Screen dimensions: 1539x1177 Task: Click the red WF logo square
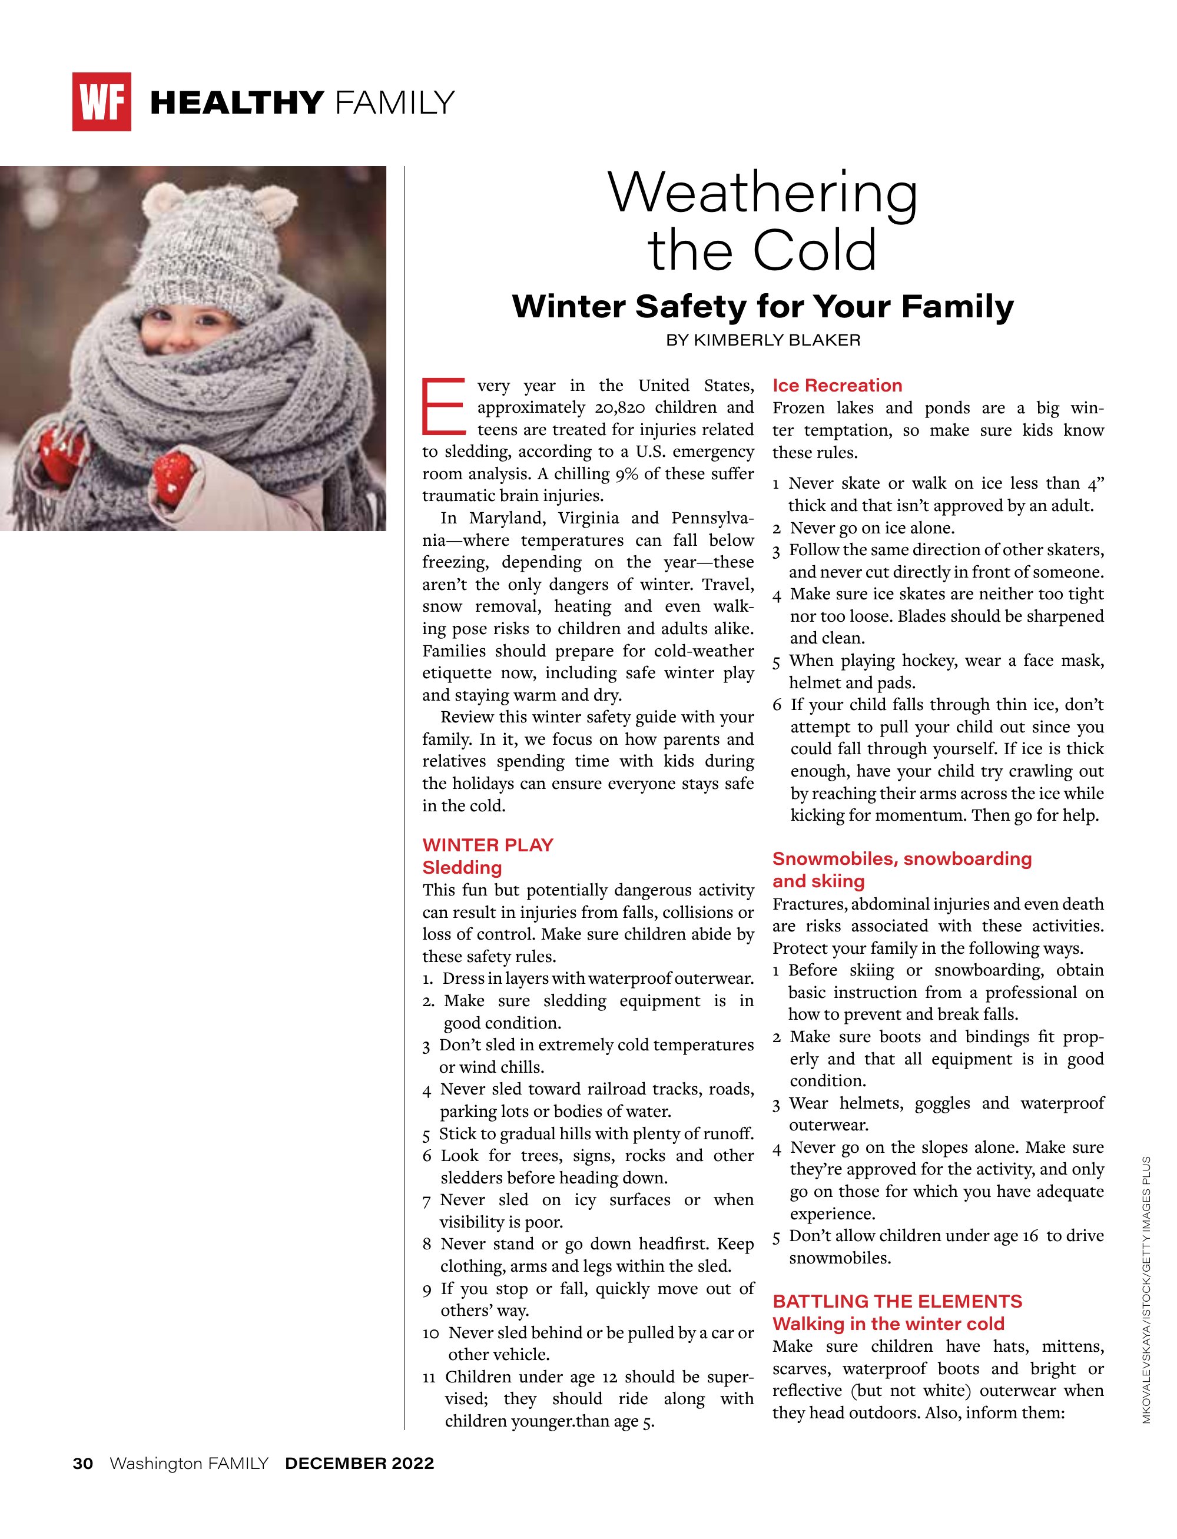point(102,102)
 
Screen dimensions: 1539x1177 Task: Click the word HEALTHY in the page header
point(237,103)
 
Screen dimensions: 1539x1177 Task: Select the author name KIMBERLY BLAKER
point(777,340)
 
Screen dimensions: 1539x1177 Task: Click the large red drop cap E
point(443,406)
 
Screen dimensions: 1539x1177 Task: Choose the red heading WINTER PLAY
point(488,845)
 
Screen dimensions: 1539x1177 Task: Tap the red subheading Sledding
point(462,867)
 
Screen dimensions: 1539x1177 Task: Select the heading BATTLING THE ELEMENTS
point(897,1302)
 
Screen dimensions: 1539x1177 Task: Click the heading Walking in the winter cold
point(888,1324)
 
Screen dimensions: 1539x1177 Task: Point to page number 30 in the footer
point(82,1464)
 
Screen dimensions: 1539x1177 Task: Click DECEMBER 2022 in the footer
point(359,1464)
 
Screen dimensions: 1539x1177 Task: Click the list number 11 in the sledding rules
point(429,1377)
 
